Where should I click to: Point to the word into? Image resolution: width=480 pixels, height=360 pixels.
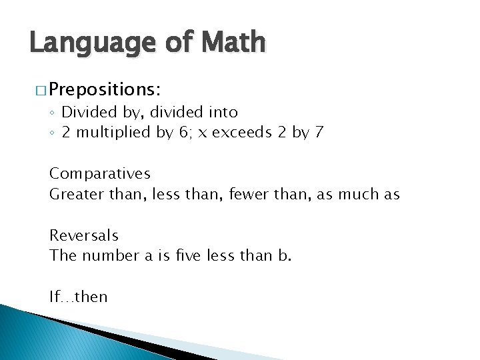[x=222, y=111]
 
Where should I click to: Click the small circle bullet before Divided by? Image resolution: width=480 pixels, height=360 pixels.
[x=53, y=113]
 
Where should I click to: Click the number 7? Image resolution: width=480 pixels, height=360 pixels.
[x=319, y=132]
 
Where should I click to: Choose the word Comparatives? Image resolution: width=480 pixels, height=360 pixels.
[x=100, y=174]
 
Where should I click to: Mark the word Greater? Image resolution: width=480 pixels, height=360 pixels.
[x=73, y=194]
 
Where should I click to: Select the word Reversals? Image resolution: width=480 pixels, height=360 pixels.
[x=84, y=235]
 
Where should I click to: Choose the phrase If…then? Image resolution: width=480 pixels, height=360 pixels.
[x=78, y=297]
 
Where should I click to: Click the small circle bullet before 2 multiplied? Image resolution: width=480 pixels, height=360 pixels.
[x=53, y=133]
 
